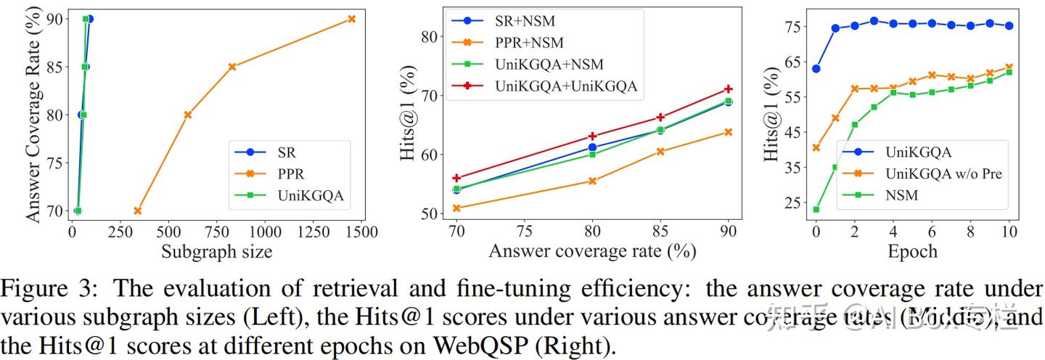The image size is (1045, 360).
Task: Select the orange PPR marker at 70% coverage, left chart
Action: (138, 210)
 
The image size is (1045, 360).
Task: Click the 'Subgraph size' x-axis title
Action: (216, 252)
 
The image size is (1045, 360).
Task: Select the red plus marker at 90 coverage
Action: (728, 89)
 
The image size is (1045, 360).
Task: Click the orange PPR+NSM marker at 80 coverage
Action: (592, 181)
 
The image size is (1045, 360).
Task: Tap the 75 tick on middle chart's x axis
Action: (525, 232)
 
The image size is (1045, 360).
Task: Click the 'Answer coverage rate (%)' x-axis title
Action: (592, 252)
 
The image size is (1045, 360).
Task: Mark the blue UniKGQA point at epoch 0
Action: (816, 69)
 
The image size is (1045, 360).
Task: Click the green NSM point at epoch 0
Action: (816, 210)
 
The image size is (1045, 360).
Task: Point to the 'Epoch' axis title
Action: (912, 252)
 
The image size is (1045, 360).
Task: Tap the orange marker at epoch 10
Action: (1009, 67)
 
